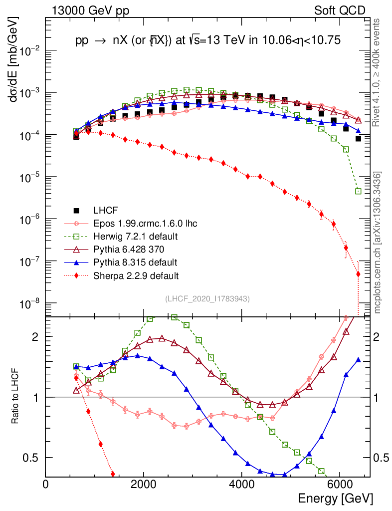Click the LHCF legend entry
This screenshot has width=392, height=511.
tap(104, 210)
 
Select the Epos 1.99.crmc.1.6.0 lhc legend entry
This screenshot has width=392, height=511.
tap(145, 223)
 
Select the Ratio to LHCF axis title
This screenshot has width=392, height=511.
tap(15, 396)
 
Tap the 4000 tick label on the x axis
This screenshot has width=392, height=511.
tap(241, 484)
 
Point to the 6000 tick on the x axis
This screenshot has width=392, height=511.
tap(340, 484)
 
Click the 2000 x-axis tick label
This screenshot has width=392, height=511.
tap(144, 484)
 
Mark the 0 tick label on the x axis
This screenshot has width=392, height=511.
tap(46, 484)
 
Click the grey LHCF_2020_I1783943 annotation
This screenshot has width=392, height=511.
tap(207, 298)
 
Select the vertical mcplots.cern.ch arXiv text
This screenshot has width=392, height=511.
tap(379, 243)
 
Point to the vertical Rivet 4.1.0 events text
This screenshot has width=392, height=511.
tap(379, 77)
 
